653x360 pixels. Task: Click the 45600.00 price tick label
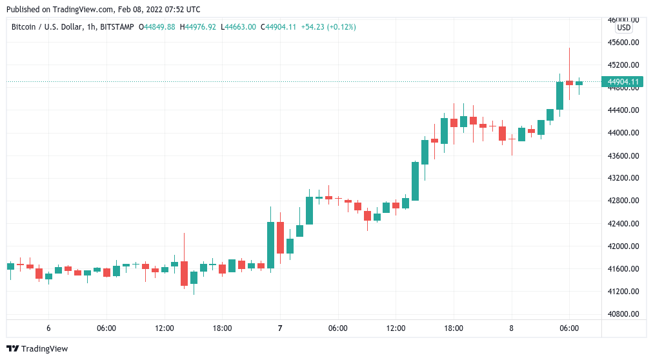point(623,43)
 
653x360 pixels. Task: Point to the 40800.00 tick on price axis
point(623,314)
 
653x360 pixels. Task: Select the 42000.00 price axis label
point(623,246)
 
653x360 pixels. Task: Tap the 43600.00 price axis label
point(623,156)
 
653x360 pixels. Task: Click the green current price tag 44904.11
point(623,82)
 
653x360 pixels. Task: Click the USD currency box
point(623,28)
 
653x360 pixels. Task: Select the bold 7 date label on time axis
point(280,328)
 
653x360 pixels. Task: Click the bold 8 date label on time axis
point(511,328)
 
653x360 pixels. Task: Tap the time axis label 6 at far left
point(48,328)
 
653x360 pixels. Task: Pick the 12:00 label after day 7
point(396,328)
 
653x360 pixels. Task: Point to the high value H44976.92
point(198,27)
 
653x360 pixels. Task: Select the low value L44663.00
point(238,27)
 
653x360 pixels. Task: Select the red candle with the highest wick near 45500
point(569,83)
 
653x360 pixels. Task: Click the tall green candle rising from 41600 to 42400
point(271,245)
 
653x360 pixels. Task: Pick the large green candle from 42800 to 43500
point(415,181)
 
